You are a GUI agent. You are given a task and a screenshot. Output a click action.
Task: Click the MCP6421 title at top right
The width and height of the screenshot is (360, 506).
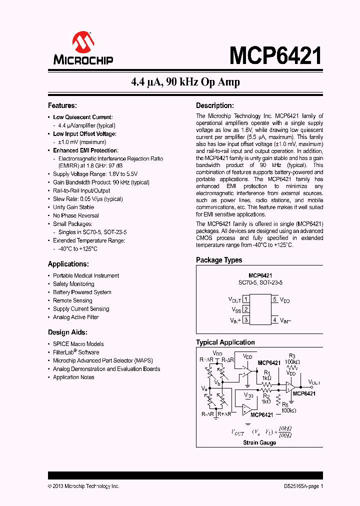[x=275, y=55]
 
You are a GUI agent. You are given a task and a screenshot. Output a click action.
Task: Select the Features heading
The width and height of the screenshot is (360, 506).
[x=62, y=105]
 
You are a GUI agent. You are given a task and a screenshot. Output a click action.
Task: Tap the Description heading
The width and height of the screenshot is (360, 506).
[x=214, y=105]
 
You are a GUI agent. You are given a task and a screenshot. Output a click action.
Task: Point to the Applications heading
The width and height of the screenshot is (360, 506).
[x=68, y=264]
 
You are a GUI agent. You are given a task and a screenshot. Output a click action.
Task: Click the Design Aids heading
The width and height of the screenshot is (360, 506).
[x=67, y=332]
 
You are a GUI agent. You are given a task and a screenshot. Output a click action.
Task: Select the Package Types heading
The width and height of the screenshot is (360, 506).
[x=218, y=260]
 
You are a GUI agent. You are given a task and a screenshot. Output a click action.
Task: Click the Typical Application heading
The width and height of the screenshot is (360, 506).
[x=225, y=342]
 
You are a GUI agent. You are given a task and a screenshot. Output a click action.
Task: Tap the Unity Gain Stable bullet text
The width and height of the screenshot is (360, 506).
[x=73, y=207]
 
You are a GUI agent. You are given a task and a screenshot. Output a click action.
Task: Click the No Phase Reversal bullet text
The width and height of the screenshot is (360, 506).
[x=75, y=215]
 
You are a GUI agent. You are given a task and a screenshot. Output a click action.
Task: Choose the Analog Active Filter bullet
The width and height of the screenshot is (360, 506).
[x=76, y=317]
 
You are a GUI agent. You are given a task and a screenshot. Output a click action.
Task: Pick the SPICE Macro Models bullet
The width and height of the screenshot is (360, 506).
[x=78, y=344]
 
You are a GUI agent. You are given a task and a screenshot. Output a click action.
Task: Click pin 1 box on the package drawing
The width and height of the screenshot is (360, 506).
[x=246, y=299]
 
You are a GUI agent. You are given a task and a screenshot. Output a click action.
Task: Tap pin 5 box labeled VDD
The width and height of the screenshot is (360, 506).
[x=274, y=299]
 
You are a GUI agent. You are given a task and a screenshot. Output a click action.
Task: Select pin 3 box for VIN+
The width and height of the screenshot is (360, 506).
[x=246, y=320]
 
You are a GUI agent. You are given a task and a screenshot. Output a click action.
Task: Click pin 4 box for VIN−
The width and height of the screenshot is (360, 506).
[x=274, y=320]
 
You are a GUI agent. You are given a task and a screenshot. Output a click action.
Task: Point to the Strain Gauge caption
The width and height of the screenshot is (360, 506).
[x=259, y=442]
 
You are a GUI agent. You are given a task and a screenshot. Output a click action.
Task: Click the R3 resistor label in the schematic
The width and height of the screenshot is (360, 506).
[x=292, y=355]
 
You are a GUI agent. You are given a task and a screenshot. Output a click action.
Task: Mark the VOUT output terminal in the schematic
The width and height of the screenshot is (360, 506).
[x=313, y=382]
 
